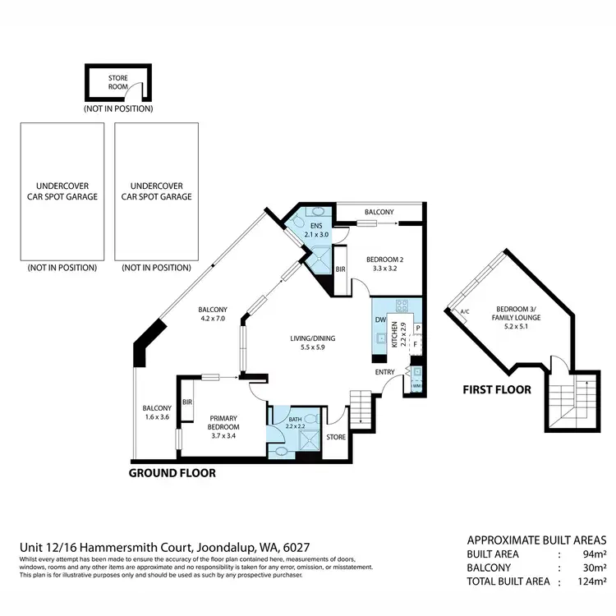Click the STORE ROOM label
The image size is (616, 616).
point(118,80)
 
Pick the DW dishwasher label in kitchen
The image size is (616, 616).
point(380,319)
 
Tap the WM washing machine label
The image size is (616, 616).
point(416,384)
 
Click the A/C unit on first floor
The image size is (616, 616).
point(464,311)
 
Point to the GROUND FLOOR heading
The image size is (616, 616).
point(172,474)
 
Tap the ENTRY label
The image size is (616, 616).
point(384,372)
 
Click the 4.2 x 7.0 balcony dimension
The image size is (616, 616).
point(212,318)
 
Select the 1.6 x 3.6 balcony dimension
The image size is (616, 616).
point(156,417)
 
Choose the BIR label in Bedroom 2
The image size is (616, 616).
point(340,269)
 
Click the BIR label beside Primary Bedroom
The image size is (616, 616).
point(187,402)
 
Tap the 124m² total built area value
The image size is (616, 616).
point(591,582)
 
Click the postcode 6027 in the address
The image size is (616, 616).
point(297,547)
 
